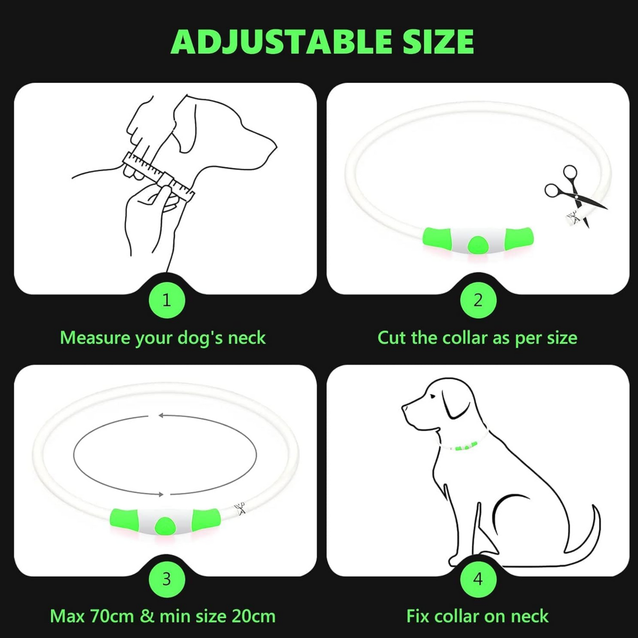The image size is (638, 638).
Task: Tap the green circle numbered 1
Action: click(x=167, y=301)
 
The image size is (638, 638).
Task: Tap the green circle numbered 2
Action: click(x=478, y=301)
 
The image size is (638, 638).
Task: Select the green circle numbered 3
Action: click(x=167, y=579)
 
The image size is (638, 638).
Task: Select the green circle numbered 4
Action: click(x=478, y=579)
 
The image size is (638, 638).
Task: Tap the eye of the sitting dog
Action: click(x=432, y=396)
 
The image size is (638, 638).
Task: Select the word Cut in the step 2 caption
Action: click(x=393, y=338)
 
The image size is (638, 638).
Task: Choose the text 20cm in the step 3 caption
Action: click(x=253, y=616)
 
